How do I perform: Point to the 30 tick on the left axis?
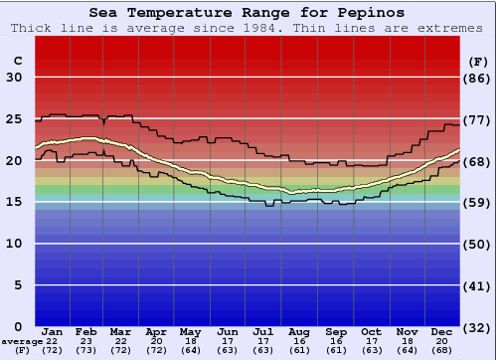click(15, 78)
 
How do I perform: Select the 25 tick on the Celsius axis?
click(15, 119)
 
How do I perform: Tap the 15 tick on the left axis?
click(15, 202)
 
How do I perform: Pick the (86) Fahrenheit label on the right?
click(477, 78)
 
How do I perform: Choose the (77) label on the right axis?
click(477, 119)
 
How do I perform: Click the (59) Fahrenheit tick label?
click(477, 202)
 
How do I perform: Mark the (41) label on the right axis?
click(477, 285)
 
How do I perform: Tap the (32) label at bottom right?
click(477, 326)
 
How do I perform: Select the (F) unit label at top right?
click(476, 61)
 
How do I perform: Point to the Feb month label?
click(86, 331)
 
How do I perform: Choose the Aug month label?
click(298, 331)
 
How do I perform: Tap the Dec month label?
click(442, 331)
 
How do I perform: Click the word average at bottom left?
click(21, 342)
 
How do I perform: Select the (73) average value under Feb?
click(86, 350)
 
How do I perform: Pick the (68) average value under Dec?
click(442, 350)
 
